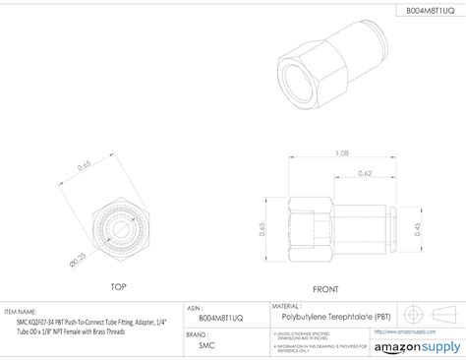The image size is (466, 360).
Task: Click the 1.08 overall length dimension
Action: coord(342,153)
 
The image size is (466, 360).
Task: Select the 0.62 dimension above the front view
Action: coord(365,174)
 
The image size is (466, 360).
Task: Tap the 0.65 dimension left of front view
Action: coord(263,228)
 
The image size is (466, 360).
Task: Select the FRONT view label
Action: coord(325,289)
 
